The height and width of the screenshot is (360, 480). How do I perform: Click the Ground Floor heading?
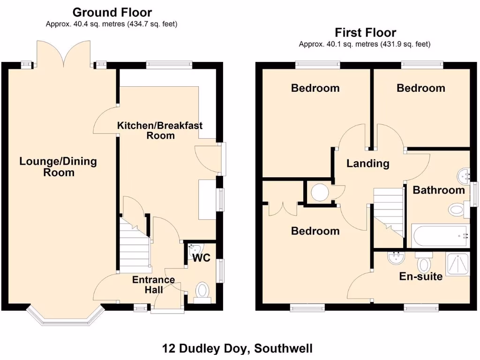[112, 12]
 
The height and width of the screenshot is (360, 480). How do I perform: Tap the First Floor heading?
[365, 32]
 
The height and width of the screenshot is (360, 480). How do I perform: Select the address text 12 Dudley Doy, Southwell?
[237, 348]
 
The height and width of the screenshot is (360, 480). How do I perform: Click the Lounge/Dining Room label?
[58, 166]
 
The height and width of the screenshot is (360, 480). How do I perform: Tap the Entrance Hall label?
[153, 285]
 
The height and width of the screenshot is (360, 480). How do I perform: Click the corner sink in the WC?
[194, 248]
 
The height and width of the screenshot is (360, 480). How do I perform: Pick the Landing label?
[368, 163]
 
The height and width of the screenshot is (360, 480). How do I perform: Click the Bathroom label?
[439, 190]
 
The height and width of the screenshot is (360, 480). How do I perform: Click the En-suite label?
[420, 276]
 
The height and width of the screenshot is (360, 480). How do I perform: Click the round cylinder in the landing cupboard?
[320, 192]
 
